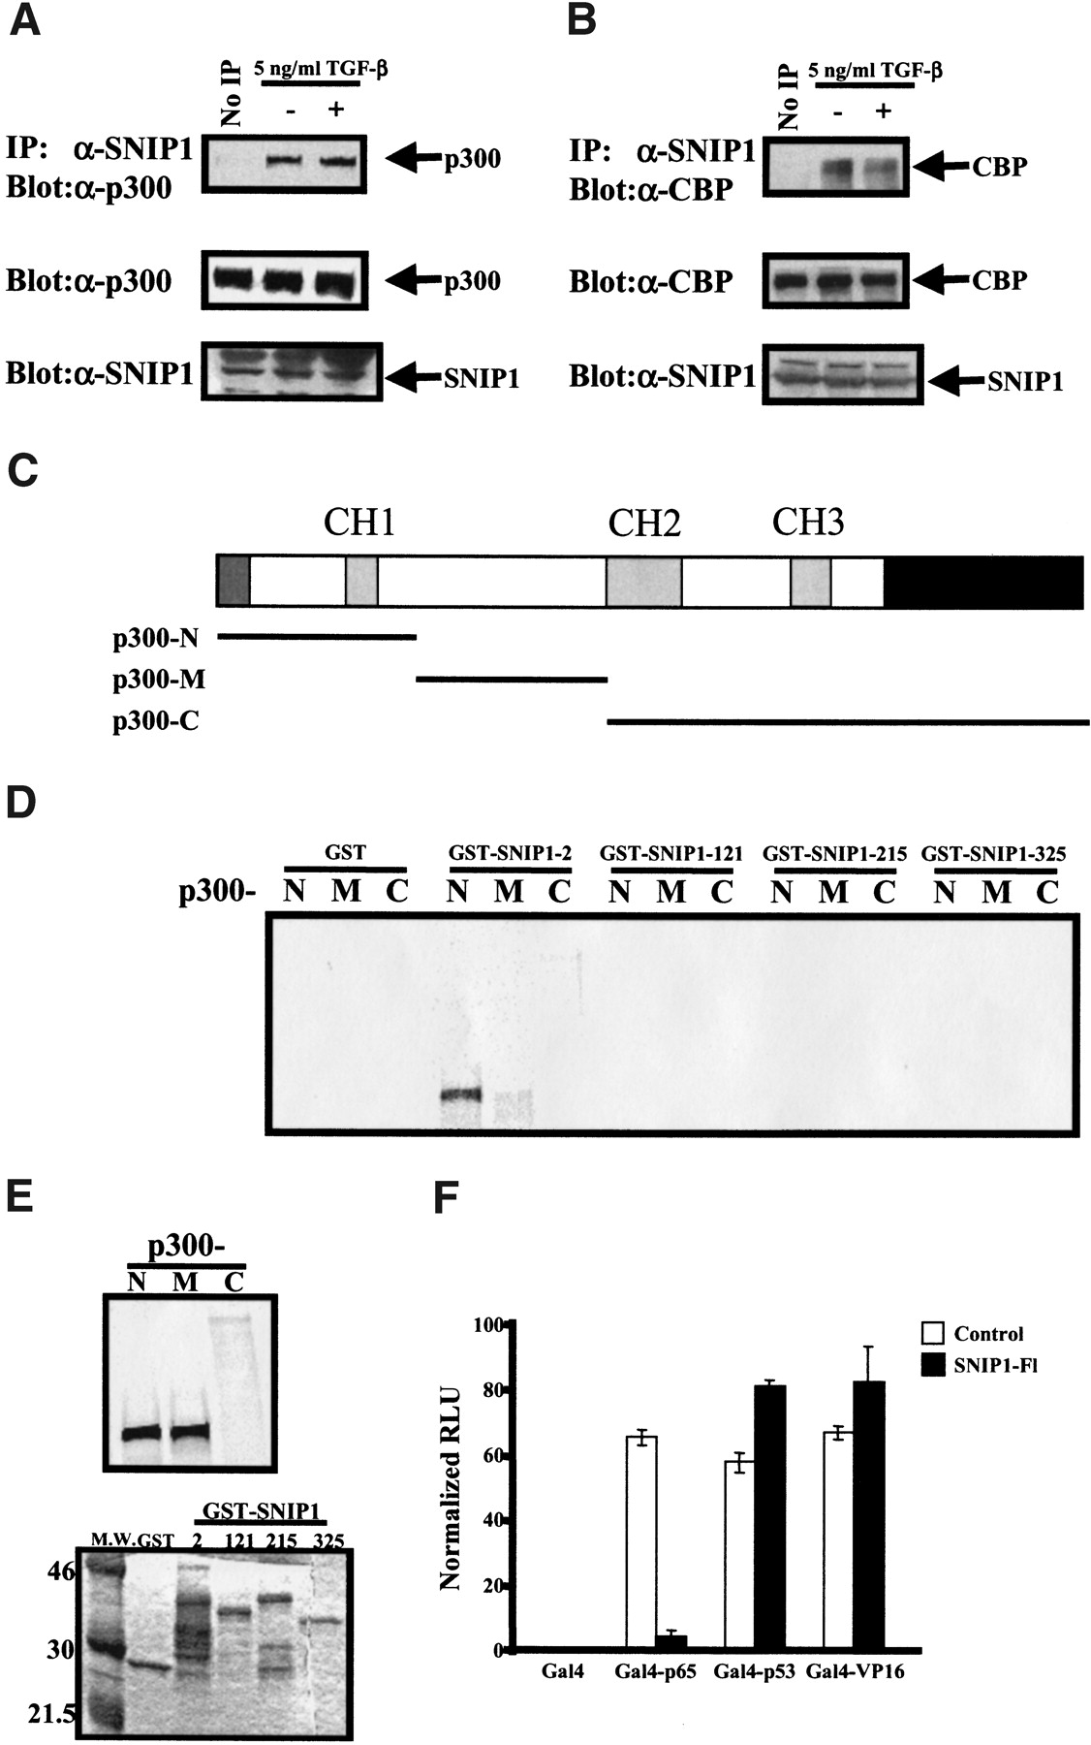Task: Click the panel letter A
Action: point(24,20)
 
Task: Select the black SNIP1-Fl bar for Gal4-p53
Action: point(770,1517)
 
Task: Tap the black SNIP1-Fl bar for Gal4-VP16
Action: point(868,1514)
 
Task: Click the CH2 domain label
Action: point(644,523)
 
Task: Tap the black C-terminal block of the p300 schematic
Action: point(983,583)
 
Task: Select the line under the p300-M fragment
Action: point(511,680)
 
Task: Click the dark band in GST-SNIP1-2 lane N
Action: point(460,1095)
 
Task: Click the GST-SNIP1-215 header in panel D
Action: point(834,854)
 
